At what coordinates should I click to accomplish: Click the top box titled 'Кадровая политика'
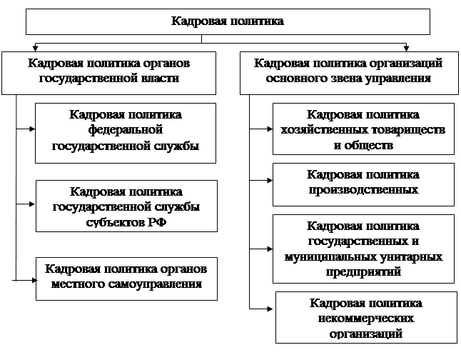228,21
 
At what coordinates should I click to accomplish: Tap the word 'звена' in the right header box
340,79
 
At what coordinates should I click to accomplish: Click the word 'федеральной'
126,130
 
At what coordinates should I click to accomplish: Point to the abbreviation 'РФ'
157,222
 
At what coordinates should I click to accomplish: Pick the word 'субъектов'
115,222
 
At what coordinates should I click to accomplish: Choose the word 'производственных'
363,190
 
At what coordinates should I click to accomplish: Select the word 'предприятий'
363,271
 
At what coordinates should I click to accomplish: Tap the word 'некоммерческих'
366,319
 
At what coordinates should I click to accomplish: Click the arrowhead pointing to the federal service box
32,129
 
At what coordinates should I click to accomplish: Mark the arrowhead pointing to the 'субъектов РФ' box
32,204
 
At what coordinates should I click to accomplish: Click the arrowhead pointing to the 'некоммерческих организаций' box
270,309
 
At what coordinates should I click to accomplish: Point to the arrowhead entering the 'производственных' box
270,180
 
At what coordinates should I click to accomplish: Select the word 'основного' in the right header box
293,79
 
